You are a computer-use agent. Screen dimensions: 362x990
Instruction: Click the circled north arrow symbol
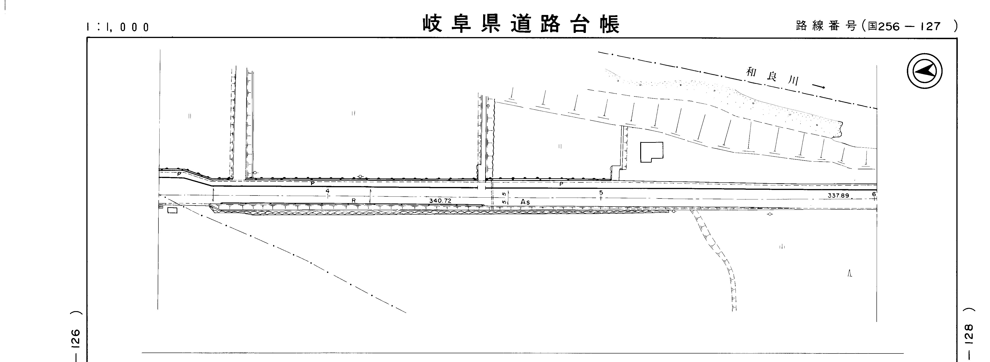click(x=924, y=71)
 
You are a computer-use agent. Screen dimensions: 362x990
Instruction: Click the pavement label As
click(x=525, y=202)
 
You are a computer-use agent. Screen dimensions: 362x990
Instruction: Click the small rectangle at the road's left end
click(x=172, y=210)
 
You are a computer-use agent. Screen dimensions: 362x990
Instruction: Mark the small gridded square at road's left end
click(x=161, y=206)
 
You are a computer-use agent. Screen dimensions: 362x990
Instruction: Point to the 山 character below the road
click(x=781, y=247)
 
